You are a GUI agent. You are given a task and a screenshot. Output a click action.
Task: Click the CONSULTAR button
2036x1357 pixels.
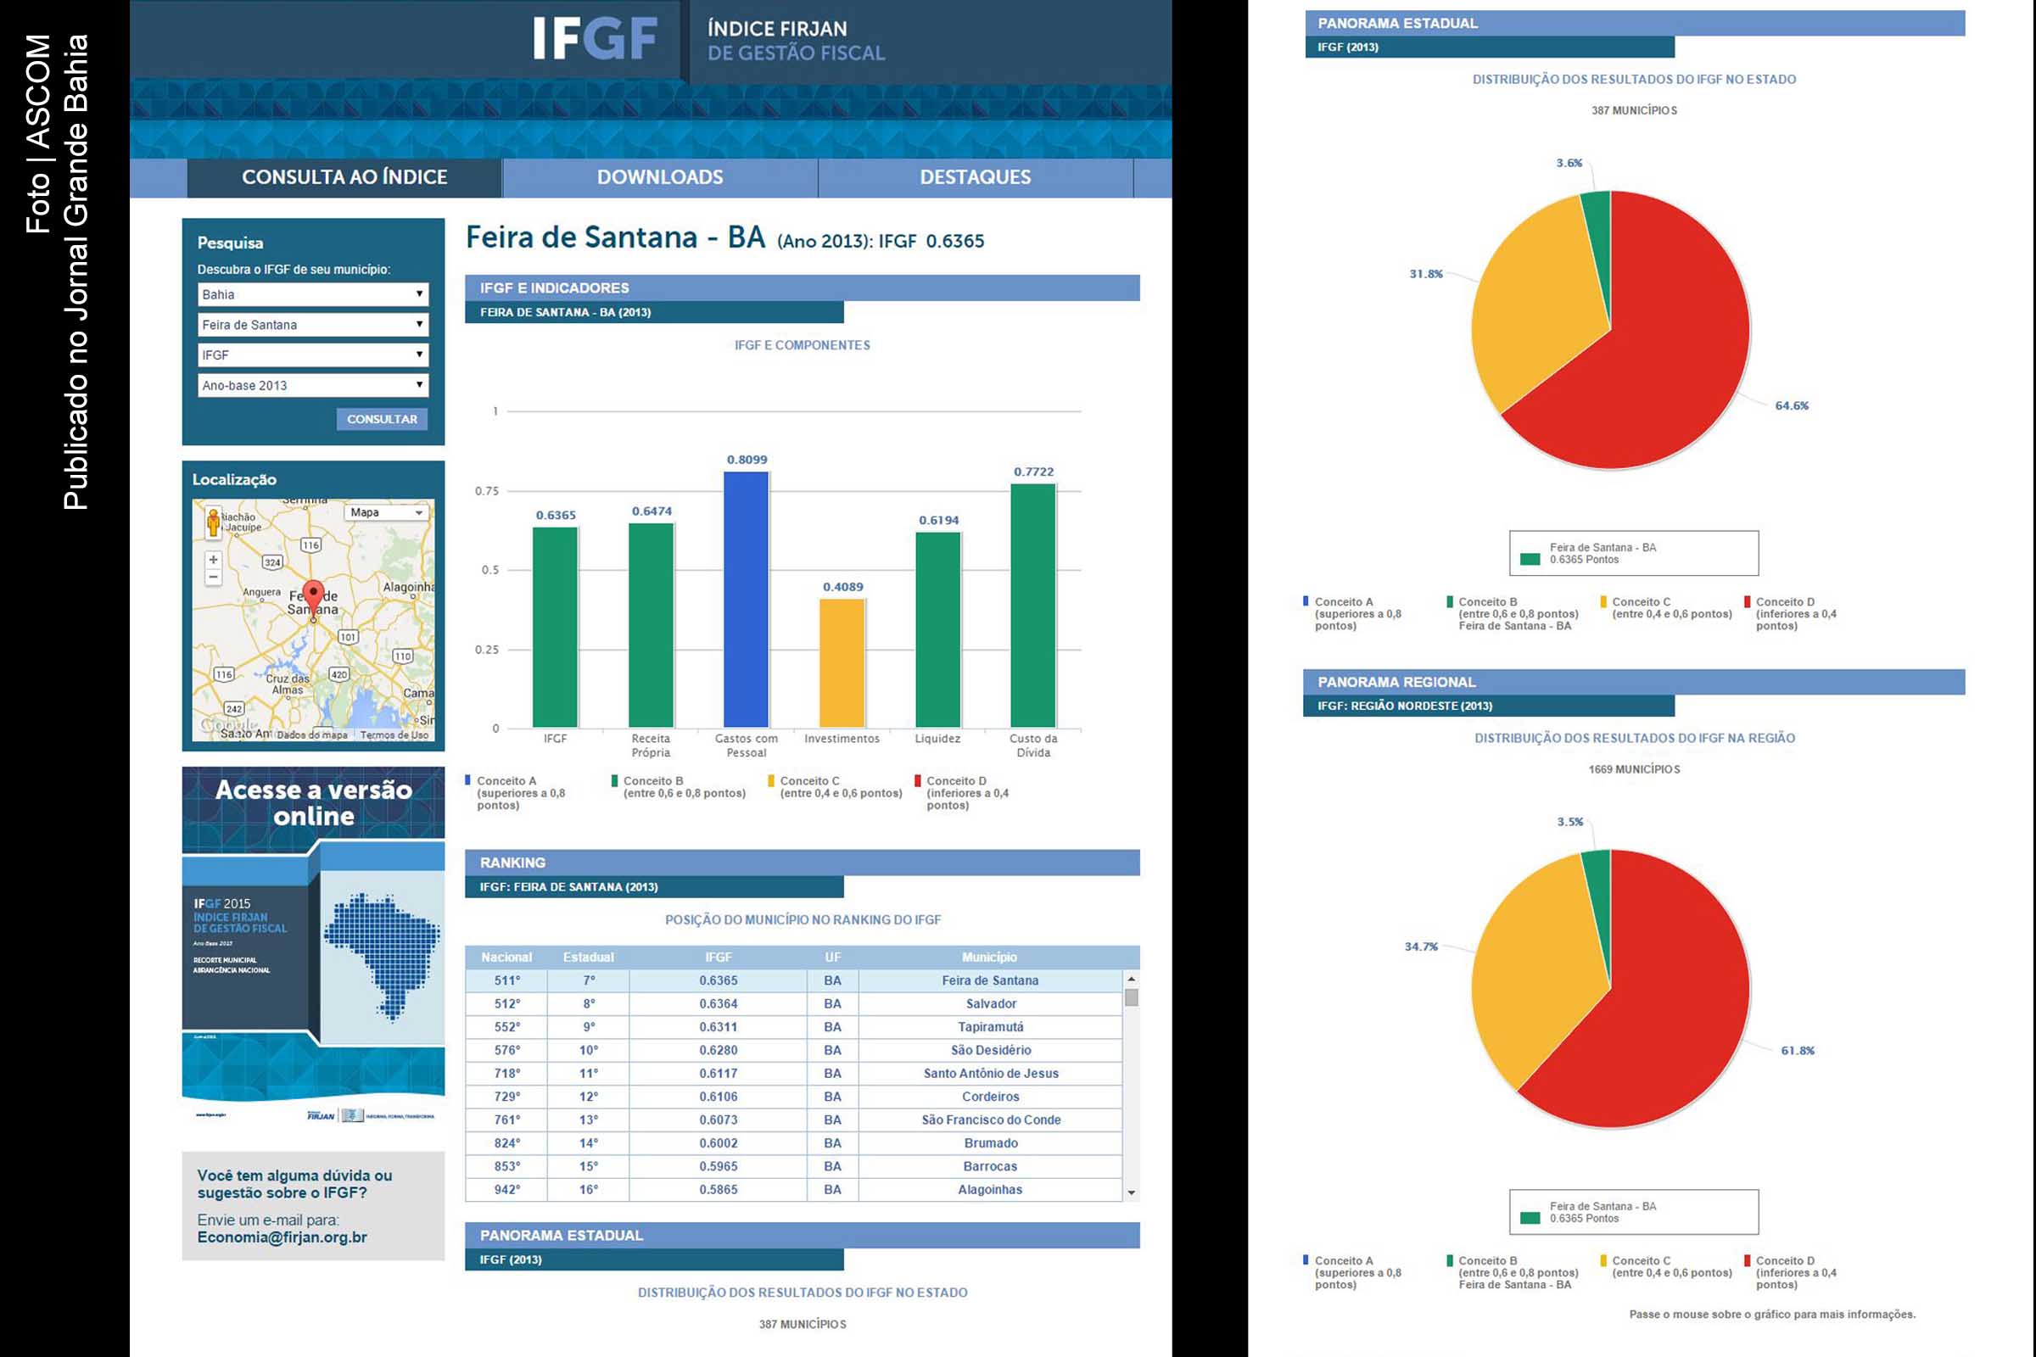pos(382,419)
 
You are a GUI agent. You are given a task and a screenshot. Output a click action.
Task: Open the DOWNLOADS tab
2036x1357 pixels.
pos(660,177)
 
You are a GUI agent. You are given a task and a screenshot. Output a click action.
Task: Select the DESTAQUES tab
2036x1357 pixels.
pos(975,177)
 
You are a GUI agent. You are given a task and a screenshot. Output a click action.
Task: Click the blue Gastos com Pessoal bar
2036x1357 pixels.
pos(747,599)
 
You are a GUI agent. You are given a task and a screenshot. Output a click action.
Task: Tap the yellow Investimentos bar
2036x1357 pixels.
pos(842,662)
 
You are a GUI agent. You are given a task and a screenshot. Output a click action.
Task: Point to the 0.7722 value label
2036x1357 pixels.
pos(1033,472)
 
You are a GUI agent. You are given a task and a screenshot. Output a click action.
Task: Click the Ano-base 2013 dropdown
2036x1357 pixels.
pos(312,385)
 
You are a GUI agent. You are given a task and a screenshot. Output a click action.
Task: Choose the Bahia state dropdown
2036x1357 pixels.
pos(312,294)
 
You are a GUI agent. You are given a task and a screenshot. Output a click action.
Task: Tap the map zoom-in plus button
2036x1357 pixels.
pos(213,559)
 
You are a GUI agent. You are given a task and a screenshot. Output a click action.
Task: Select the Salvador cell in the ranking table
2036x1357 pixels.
pos(990,1004)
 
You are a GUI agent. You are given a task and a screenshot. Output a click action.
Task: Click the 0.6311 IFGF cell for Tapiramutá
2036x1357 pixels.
pos(719,1027)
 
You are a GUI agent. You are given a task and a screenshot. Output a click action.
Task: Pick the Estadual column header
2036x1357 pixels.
pos(589,958)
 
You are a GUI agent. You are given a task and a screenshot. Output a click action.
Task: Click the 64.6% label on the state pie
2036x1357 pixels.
pos(1791,406)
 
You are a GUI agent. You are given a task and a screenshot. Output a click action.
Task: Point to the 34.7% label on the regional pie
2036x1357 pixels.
pos(1420,947)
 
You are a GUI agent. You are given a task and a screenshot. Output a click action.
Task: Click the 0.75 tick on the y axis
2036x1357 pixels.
pos(486,491)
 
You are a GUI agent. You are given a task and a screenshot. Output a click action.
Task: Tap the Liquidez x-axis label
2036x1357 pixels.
pos(937,739)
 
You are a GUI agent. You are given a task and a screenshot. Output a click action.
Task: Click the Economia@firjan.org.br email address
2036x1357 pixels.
pos(282,1237)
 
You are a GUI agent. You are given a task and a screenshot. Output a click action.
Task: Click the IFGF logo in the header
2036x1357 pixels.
pos(595,39)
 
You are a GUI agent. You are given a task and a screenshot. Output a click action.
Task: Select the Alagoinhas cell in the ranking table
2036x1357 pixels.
pos(990,1190)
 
